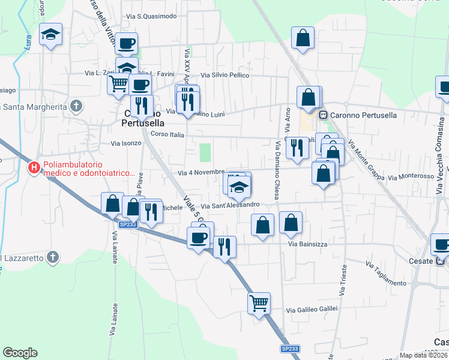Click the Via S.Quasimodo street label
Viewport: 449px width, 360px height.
point(157,16)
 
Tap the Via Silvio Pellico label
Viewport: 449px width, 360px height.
point(224,76)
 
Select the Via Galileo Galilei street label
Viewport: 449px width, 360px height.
point(312,310)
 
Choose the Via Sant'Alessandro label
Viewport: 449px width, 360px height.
point(234,205)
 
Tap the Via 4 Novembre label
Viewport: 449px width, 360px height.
point(201,172)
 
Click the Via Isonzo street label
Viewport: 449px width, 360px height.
point(126,143)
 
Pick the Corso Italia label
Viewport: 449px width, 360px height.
point(167,134)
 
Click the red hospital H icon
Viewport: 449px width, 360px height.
point(35,167)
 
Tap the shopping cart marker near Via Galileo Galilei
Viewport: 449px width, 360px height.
point(259,303)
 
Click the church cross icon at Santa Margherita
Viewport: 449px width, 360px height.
point(76,107)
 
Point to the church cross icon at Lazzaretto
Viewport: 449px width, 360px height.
point(52,257)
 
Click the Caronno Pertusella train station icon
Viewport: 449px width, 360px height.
point(323,115)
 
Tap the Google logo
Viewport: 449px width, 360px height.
point(20,353)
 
